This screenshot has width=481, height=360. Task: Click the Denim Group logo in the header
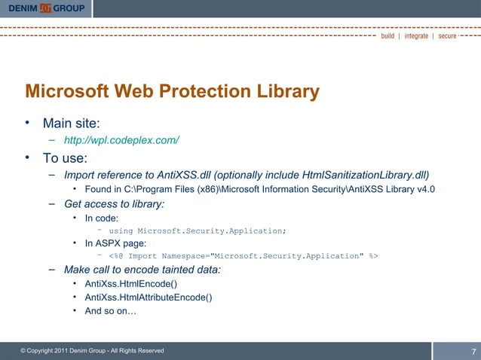(47, 8)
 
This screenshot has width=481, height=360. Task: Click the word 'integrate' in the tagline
(416, 35)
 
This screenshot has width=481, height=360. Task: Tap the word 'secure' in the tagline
(447, 35)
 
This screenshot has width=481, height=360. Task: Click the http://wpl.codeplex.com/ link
(121, 141)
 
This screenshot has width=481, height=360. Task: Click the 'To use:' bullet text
(65, 158)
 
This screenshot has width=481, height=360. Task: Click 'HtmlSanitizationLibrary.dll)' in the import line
(365, 175)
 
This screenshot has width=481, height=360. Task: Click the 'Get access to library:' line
(115, 203)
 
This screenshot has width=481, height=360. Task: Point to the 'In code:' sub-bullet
(102, 218)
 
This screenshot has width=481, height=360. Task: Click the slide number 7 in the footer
(473, 352)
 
